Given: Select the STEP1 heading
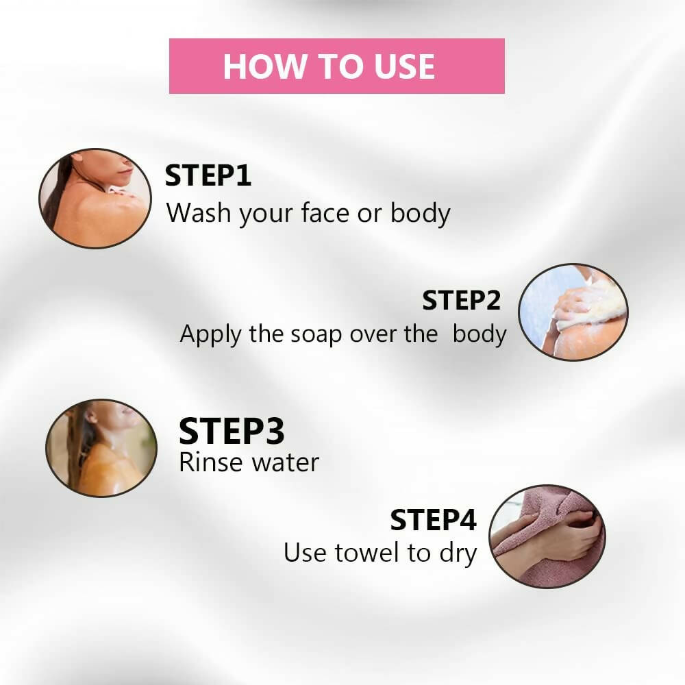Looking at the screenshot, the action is pyautogui.click(x=208, y=175).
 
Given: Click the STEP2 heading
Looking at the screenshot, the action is pyautogui.click(x=461, y=301).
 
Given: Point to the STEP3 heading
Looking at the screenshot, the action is pyautogui.click(x=232, y=431).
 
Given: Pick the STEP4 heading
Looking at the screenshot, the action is pyautogui.click(x=433, y=520).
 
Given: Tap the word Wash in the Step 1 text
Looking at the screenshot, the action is pyautogui.click(x=199, y=213).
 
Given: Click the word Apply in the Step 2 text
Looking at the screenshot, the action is pyautogui.click(x=210, y=335).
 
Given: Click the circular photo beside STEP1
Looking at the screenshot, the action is pyautogui.click(x=95, y=199).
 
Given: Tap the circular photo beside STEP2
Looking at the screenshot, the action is pyautogui.click(x=573, y=312).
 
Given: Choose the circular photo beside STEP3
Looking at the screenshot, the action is pyautogui.click(x=101, y=448).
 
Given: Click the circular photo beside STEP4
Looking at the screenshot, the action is pyautogui.click(x=547, y=536).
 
